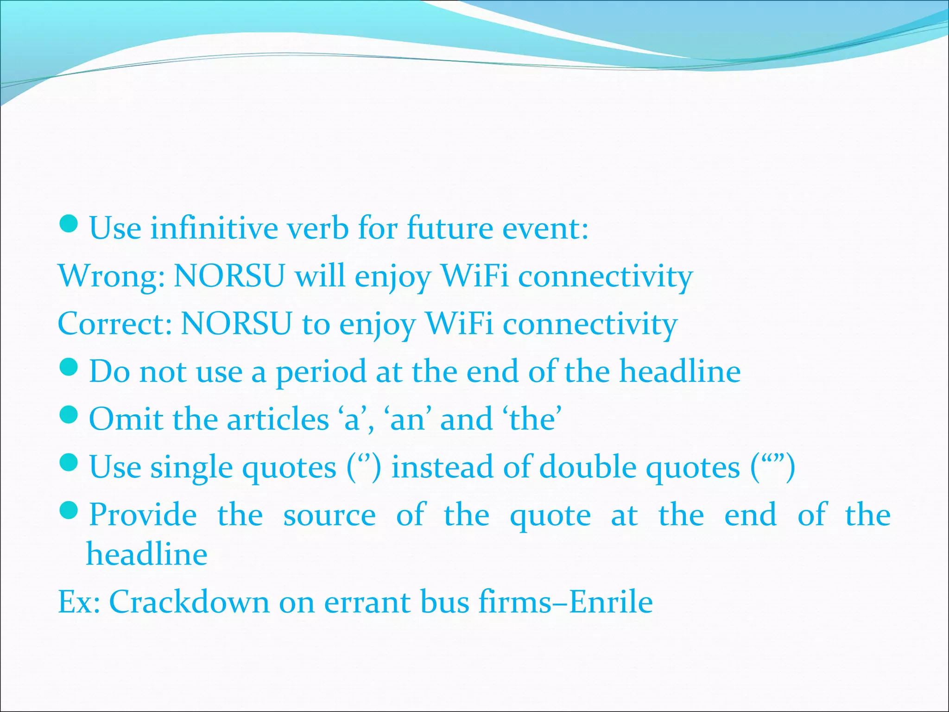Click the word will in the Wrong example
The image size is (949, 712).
(x=320, y=276)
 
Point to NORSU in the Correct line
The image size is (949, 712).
(x=236, y=324)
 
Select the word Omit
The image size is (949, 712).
(x=126, y=419)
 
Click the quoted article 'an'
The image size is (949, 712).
(x=408, y=419)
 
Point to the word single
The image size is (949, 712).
(x=191, y=467)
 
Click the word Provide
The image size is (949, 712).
(x=143, y=515)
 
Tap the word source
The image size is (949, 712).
(x=329, y=516)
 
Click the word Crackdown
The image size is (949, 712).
(x=189, y=602)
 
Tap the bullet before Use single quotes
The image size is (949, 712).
(x=70, y=463)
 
